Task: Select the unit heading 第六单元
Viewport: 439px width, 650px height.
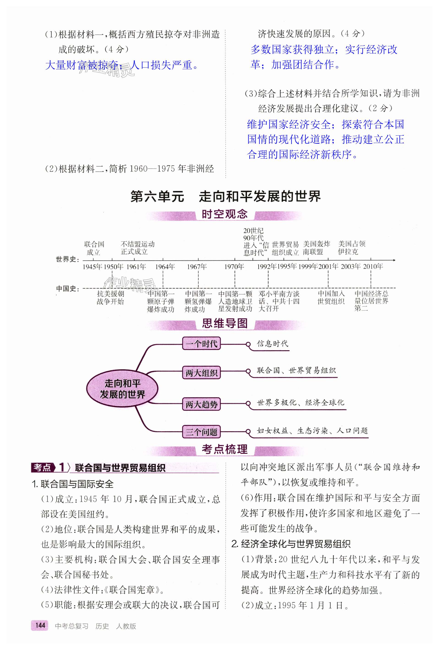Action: [x=157, y=197]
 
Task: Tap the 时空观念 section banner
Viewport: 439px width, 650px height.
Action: [x=224, y=214]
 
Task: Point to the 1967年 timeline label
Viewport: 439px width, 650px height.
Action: [x=197, y=267]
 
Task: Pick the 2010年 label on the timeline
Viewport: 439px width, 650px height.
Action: [x=373, y=266]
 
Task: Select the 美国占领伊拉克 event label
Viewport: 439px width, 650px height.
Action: [x=351, y=248]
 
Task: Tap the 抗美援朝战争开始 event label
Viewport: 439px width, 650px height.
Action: [x=110, y=297]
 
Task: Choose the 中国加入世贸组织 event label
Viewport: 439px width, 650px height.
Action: [x=331, y=297]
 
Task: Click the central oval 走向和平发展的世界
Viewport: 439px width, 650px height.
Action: [x=122, y=389]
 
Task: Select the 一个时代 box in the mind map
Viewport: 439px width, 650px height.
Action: [x=201, y=344]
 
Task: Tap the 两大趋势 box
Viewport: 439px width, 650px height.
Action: [x=201, y=404]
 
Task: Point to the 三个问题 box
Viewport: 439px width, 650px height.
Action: [x=201, y=432]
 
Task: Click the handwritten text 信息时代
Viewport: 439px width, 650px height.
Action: [x=273, y=344]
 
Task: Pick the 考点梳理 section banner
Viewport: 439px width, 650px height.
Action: [x=224, y=449]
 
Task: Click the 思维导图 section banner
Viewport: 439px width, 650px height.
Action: [x=224, y=324]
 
